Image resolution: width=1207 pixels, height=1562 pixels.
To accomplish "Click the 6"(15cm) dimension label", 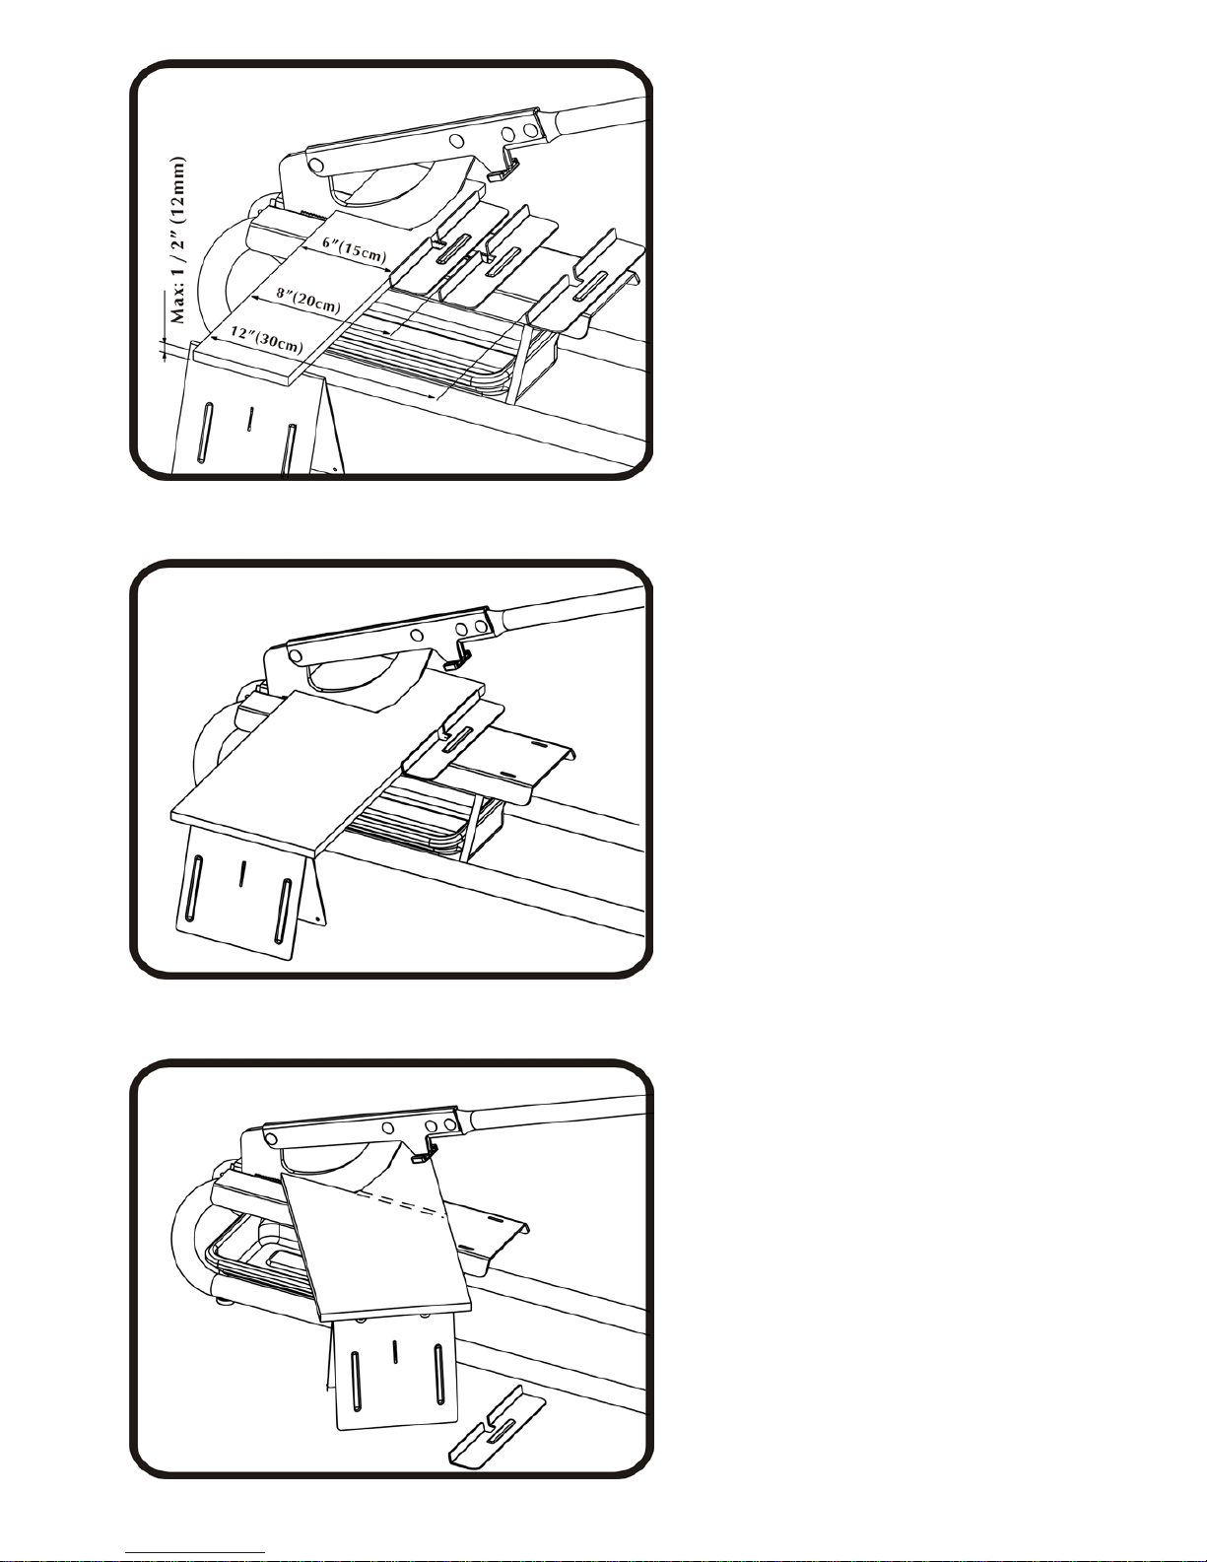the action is pyautogui.click(x=354, y=248).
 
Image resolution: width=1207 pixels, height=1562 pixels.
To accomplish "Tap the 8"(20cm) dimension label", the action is pyautogui.click(x=308, y=299).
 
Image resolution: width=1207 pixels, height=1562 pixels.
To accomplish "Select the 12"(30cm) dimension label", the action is pyautogui.click(x=267, y=340).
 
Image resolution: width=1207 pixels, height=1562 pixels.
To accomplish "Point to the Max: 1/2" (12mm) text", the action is pyautogui.click(x=178, y=240).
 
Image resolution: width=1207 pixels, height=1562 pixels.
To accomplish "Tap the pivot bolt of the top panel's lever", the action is pyautogui.click(x=314, y=166).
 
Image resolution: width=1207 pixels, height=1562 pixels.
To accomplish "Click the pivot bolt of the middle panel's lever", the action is pyautogui.click(x=295, y=655).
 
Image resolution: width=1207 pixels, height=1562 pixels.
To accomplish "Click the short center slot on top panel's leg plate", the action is pyautogui.click(x=250, y=419).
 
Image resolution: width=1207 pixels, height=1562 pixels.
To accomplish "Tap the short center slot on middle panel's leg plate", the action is pyautogui.click(x=242, y=872).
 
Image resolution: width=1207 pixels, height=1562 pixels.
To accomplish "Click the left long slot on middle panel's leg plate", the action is pyautogui.click(x=193, y=887).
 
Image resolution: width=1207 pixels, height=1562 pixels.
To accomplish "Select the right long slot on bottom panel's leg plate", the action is pyautogui.click(x=438, y=1372).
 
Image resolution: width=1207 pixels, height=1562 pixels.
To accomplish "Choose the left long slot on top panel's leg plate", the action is pyautogui.click(x=205, y=432).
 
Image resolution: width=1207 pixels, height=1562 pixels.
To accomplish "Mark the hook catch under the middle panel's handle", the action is pyautogui.click(x=458, y=657).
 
